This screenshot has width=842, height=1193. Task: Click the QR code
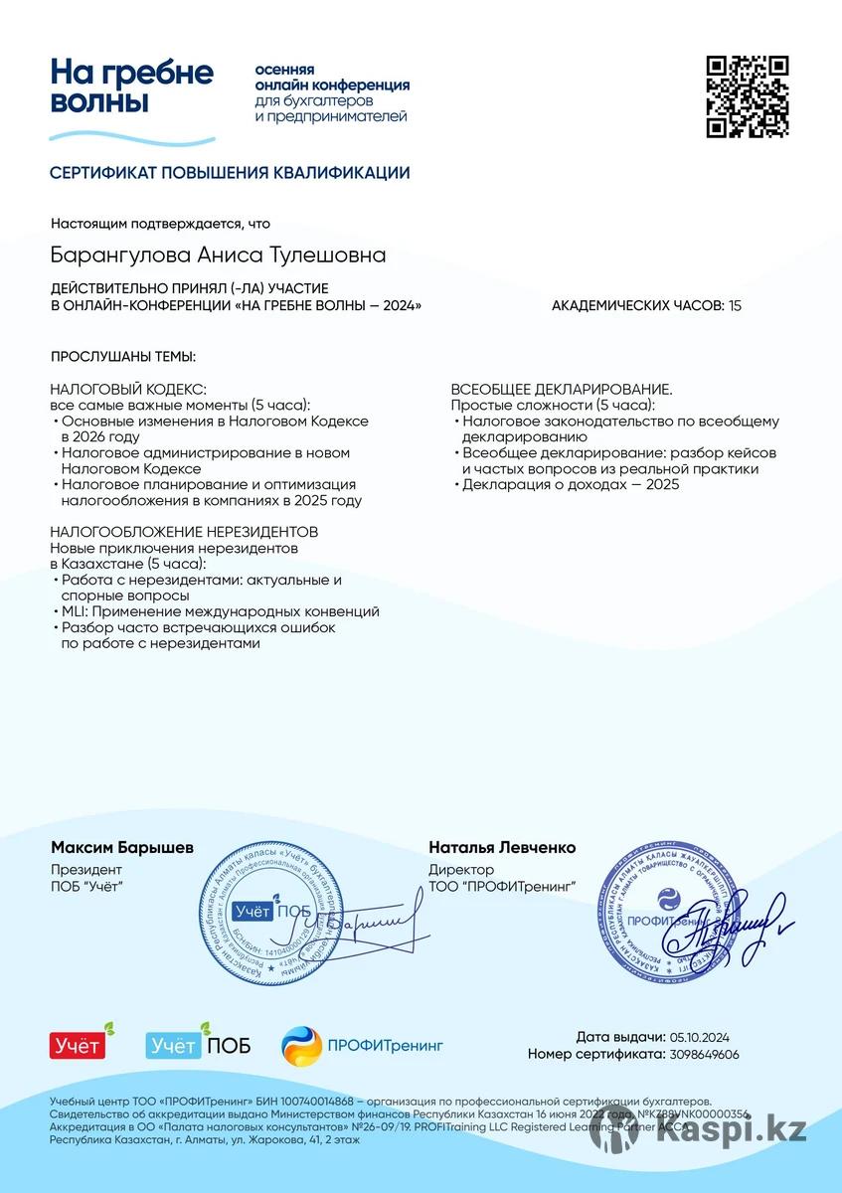click(748, 96)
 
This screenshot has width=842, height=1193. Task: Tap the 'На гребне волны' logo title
click(132, 86)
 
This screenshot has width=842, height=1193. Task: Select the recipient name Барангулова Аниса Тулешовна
click(218, 256)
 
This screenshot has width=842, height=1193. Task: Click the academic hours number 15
click(735, 305)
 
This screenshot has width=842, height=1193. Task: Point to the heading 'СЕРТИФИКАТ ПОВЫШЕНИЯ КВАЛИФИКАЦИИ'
click(230, 173)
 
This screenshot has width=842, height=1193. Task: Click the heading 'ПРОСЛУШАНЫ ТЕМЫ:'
click(123, 356)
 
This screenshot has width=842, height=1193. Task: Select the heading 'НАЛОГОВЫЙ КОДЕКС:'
click(128, 389)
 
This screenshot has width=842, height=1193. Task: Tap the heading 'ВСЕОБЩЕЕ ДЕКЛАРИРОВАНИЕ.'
click(562, 389)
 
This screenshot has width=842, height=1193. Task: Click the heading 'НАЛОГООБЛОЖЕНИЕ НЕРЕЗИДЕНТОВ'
click(184, 532)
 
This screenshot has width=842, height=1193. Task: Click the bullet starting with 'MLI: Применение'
click(219, 611)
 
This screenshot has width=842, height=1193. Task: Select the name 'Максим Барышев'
click(122, 848)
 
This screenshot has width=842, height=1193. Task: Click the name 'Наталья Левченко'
click(502, 848)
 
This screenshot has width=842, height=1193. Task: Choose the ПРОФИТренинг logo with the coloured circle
click(362, 1045)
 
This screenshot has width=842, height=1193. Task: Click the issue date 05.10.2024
click(700, 1037)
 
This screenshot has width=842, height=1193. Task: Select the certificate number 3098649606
click(705, 1054)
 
